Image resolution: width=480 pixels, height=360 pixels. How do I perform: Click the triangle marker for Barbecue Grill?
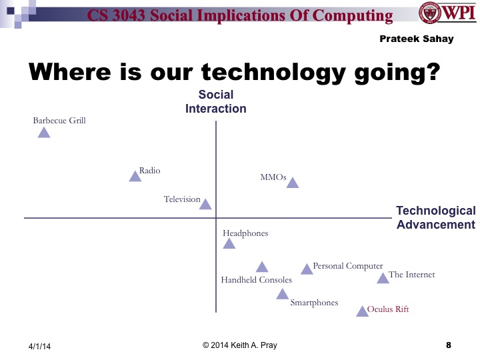click(x=44, y=133)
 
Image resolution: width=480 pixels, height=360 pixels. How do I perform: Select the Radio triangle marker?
click(x=135, y=176)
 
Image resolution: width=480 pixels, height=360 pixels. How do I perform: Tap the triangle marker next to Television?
click(x=205, y=205)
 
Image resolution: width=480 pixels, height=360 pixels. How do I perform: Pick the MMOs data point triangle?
click(x=292, y=183)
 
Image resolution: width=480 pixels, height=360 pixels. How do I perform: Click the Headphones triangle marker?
click(x=229, y=244)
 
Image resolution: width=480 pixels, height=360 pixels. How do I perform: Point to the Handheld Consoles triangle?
click(x=262, y=267)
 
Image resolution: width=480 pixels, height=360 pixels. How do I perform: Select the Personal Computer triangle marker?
click(x=307, y=269)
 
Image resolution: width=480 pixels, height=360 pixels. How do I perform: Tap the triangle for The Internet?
click(x=383, y=278)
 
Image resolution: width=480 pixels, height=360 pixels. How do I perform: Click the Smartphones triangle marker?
click(x=283, y=294)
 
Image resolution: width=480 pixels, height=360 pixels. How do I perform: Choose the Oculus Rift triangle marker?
click(x=362, y=311)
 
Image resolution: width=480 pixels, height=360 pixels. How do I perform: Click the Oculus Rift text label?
click(x=388, y=309)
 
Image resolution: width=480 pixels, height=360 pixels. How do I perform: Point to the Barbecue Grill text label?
click(x=59, y=121)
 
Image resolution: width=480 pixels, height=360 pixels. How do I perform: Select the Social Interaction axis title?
click(x=216, y=102)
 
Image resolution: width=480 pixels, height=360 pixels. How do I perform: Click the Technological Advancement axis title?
click(x=435, y=217)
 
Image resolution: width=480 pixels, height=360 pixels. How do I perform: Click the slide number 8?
click(x=448, y=345)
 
